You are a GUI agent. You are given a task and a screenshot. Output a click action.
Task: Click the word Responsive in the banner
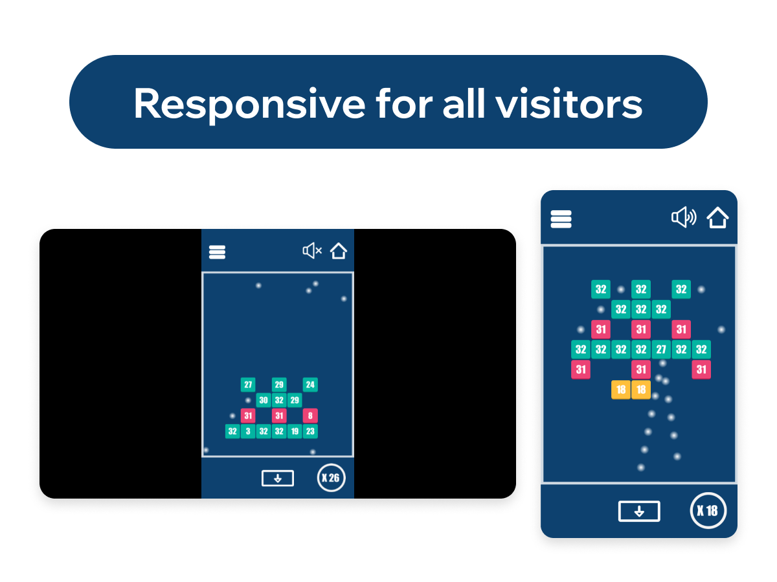click(x=249, y=104)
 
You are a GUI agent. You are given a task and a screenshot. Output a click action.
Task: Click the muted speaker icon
click(x=312, y=250)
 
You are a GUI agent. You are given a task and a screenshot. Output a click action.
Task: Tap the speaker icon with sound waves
click(x=683, y=217)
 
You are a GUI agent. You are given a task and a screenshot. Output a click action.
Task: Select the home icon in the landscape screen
click(x=338, y=250)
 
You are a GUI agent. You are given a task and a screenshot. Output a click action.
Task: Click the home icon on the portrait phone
click(x=717, y=217)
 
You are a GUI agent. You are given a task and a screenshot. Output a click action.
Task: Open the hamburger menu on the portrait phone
click(x=561, y=219)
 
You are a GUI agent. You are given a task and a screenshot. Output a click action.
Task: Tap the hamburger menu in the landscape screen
click(x=217, y=252)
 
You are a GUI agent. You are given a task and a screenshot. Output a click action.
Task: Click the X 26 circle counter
click(x=331, y=478)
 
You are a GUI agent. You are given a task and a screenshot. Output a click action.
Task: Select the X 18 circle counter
click(x=708, y=510)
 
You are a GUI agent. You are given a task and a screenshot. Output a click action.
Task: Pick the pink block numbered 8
click(x=310, y=416)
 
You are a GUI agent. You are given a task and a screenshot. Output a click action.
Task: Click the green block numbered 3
click(x=248, y=431)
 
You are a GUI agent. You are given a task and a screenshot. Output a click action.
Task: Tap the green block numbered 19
click(x=295, y=431)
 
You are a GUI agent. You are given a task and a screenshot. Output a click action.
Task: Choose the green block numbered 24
click(x=310, y=385)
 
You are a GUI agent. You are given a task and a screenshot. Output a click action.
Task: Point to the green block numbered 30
click(x=264, y=400)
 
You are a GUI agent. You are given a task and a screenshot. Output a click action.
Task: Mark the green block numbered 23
click(x=310, y=431)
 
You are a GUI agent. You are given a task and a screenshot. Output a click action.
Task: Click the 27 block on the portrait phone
click(x=661, y=349)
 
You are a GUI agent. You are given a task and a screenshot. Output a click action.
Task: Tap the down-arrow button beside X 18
click(x=638, y=511)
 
